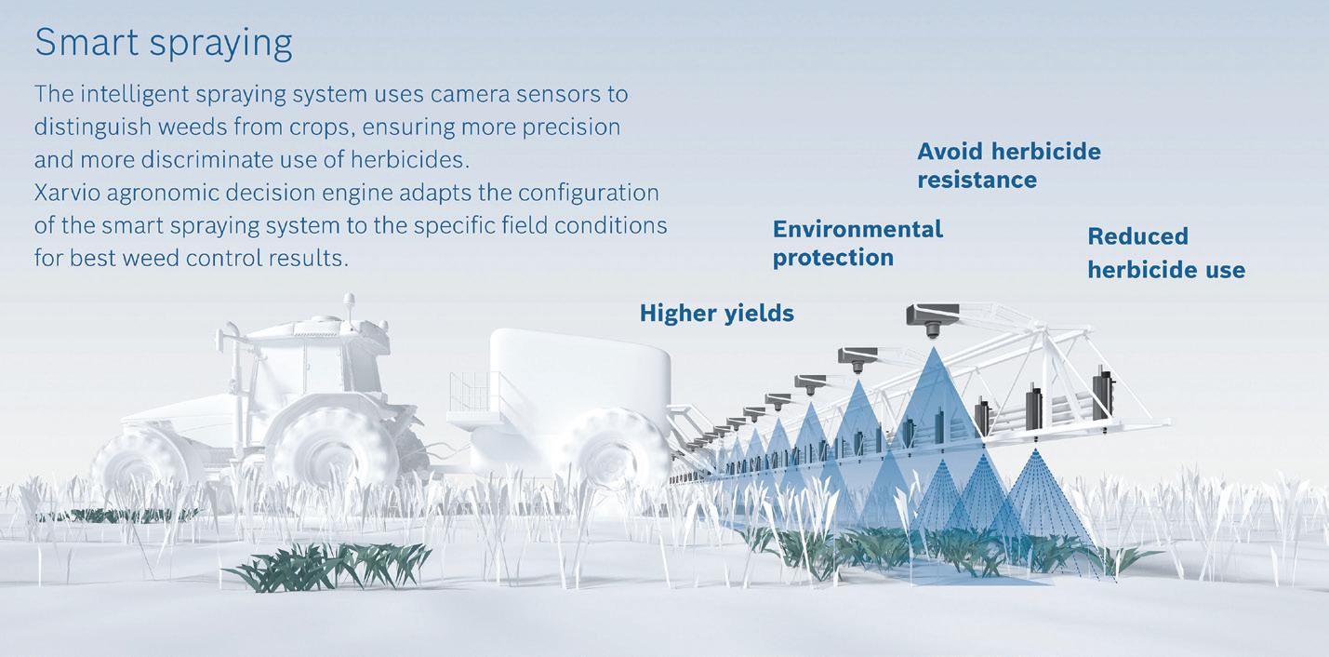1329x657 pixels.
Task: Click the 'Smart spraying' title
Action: pos(163,43)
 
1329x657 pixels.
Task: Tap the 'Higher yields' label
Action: pos(717,314)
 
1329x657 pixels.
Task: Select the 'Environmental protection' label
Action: pos(857,243)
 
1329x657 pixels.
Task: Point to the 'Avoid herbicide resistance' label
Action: pos(1009,166)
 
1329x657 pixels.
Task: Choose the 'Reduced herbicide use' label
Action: pos(1166,253)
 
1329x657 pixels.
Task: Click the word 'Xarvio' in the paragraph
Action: pos(67,193)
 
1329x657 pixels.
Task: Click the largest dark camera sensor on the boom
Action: pos(932,319)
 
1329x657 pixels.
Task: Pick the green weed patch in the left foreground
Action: pos(326,567)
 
